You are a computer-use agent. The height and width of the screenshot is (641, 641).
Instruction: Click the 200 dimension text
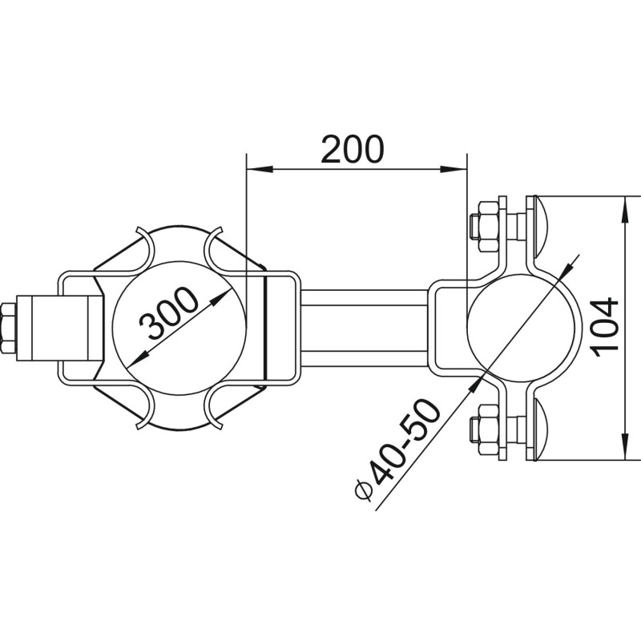coord(353,149)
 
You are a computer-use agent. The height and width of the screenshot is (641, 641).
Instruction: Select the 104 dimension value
coord(606,327)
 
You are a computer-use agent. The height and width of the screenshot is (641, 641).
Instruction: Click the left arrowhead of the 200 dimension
coord(259,169)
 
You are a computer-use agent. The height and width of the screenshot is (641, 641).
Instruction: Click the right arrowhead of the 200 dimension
coord(454,169)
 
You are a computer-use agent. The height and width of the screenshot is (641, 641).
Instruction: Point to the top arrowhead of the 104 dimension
coord(625,210)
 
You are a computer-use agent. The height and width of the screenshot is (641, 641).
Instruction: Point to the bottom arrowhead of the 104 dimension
coord(625,447)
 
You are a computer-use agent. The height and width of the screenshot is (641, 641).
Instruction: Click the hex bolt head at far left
coord(8,328)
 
